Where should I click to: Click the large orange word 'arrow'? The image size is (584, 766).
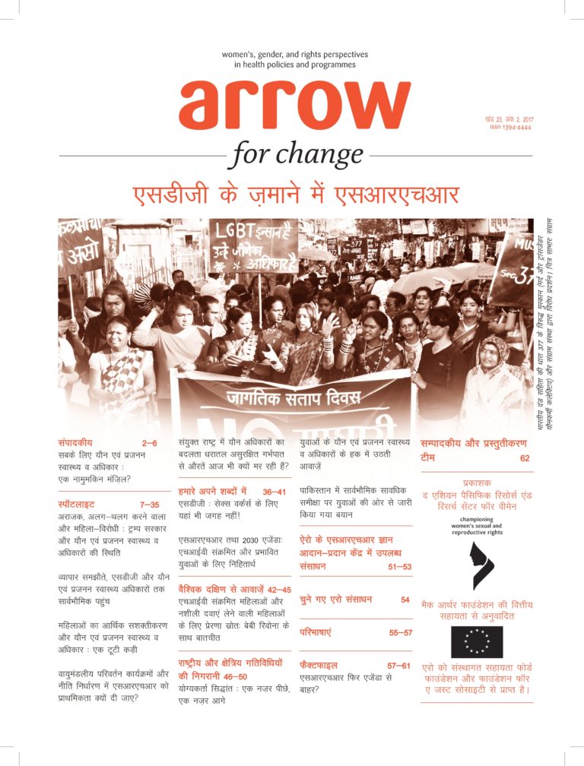coord(295,106)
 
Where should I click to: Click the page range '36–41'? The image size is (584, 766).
coord(280,492)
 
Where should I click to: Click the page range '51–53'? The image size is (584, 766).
coord(396,567)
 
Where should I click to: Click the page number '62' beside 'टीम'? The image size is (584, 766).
coord(525,458)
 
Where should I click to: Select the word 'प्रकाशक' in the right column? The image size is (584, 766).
coord(477,483)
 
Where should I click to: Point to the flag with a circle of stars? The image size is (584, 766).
coord(477,642)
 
